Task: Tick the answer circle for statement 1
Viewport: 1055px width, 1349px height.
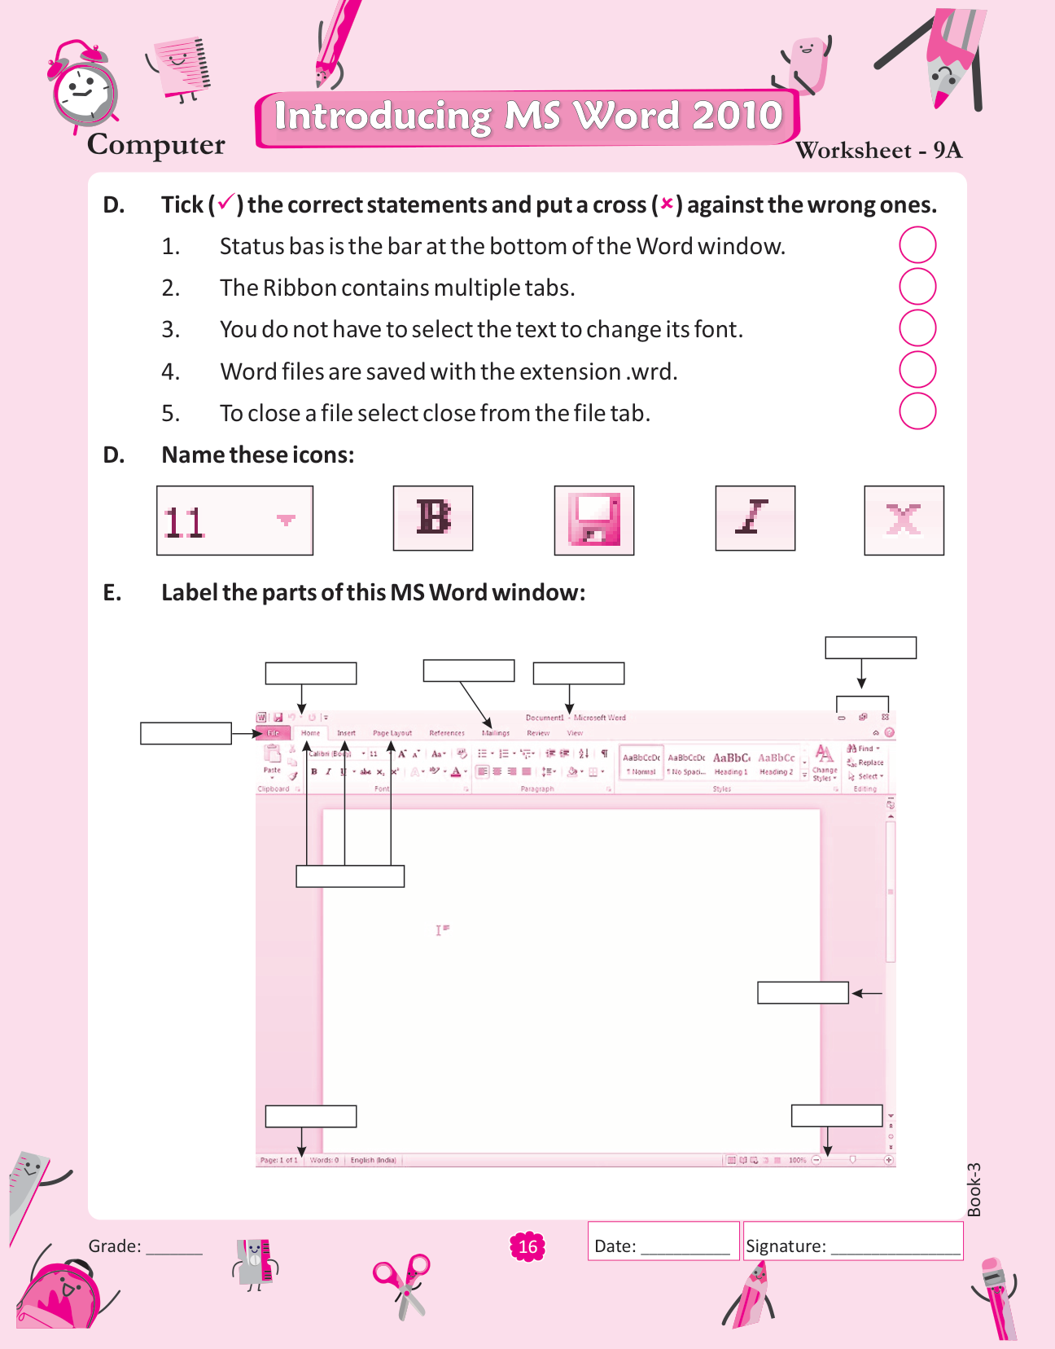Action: pos(917,245)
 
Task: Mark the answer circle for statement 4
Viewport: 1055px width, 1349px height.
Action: pos(917,370)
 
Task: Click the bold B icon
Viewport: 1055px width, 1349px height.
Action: pos(433,518)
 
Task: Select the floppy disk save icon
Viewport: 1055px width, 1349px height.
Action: pos(594,521)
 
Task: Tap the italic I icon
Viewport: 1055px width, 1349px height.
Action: pos(755,518)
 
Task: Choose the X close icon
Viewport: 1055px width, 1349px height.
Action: pos(904,521)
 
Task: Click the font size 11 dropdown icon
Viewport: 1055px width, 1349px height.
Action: pos(234,521)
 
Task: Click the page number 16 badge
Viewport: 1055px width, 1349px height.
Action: pos(527,1246)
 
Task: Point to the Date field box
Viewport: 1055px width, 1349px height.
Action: pos(663,1241)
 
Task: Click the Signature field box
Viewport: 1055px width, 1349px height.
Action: pos(853,1241)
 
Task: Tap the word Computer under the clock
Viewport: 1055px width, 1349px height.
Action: pos(156,145)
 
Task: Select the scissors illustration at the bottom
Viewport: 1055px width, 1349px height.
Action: pos(402,1285)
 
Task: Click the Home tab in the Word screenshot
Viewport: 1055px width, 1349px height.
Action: pos(311,733)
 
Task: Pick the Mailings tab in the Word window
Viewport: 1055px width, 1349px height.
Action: pos(496,733)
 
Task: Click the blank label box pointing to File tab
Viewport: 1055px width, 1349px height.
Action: pos(186,733)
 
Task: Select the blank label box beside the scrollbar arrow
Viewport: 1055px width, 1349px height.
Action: pos(803,992)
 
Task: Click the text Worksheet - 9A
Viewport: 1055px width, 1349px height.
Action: pos(878,151)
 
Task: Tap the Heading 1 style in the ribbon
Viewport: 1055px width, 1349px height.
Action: pos(731,763)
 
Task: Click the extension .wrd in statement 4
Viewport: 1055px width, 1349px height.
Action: pos(651,372)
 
